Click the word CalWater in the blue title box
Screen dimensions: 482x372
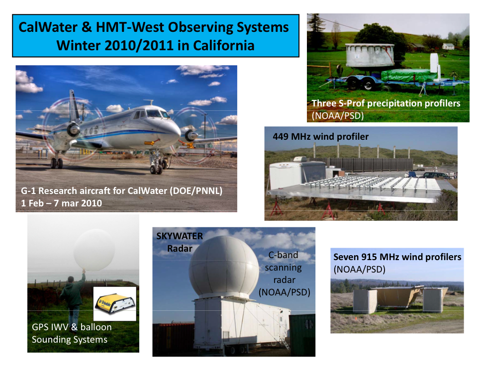pos(48,27)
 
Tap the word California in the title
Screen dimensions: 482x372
pos(224,45)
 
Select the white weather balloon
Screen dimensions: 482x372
pos(94,250)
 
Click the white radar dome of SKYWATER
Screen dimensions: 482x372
pos(224,266)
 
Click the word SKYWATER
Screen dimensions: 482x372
pos(180,236)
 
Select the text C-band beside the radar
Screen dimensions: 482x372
pos(283,255)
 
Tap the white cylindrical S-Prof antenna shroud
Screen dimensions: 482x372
pos(370,55)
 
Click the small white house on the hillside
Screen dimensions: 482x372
pos(448,46)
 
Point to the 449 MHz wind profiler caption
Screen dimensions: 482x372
pos(320,136)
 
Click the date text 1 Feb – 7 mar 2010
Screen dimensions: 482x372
pos(62,203)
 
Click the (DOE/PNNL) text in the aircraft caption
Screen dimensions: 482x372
pos(196,191)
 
